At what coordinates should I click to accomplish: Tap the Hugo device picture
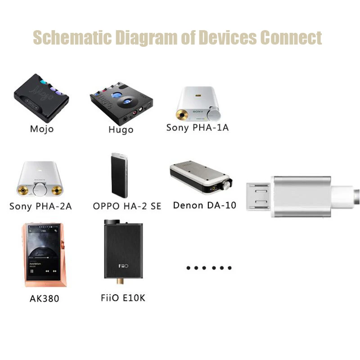pyautogui.click(x=120, y=103)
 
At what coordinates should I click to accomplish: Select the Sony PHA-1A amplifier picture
pyautogui.click(x=198, y=104)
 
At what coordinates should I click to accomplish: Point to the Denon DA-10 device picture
pyautogui.click(x=201, y=178)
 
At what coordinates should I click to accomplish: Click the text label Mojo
pyautogui.click(x=42, y=129)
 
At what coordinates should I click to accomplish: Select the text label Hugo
pyautogui.click(x=121, y=130)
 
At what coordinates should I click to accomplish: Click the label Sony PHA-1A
pyautogui.click(x=198, y=127)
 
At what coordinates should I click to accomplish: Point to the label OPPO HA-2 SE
pyautogui.click(x=127, y=206)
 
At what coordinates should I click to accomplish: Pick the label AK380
pyautogui.click(x=44, y=298)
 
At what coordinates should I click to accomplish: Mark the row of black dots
pyautogui.click(x=209, y=268)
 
